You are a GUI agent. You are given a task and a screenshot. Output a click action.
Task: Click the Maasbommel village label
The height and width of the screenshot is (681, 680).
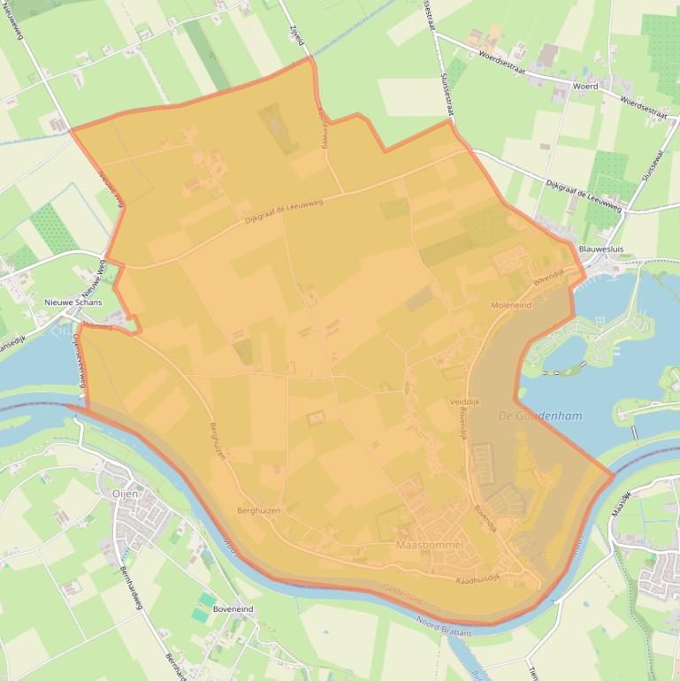coord(430,544)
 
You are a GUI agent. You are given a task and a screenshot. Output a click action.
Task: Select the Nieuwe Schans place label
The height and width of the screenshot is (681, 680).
coord(73,302)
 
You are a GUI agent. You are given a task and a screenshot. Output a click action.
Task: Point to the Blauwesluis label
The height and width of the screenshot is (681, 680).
coord(600,249)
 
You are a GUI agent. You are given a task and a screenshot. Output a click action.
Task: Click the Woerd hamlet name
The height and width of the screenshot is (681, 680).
coord(585,87)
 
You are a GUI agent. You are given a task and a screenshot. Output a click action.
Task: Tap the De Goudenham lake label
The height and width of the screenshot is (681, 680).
coord(540,416)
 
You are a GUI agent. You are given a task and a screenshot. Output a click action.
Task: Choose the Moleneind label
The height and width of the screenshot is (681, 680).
coord(511,304)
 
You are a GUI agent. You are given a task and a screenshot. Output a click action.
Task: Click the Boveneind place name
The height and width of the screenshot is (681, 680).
coord(233,609)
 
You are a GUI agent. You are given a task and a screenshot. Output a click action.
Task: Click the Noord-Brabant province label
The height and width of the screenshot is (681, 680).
coord(444,626)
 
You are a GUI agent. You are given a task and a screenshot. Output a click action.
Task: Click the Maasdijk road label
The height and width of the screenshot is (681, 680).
coord(624,503)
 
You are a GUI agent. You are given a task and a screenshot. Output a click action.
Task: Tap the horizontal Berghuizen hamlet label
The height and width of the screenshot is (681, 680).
coord(259,511)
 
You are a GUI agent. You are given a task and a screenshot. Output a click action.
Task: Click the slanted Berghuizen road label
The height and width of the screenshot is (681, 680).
coord(218,440)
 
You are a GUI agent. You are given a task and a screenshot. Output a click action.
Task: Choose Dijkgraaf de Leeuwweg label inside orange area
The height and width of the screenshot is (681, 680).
coord(284,209)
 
